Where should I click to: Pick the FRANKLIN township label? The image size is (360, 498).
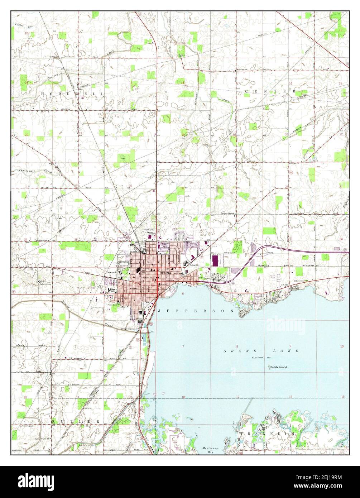[267, 434]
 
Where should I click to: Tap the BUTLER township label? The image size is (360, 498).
[76, 421]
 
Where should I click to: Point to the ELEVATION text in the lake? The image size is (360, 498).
[258, 358]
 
